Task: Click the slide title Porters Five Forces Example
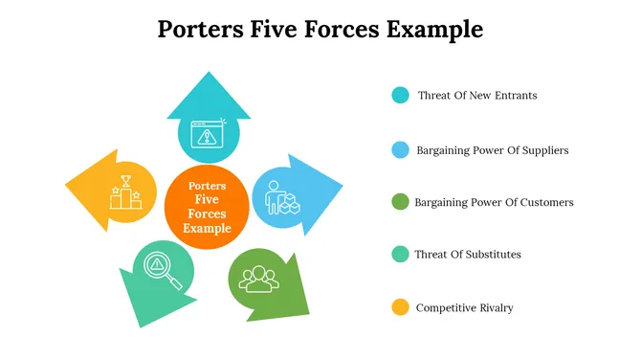[320, 30]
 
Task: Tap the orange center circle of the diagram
[208, 206]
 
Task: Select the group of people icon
[257, 278]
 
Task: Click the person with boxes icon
[281, 197]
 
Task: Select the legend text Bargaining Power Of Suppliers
[493, 150]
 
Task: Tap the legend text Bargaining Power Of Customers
[494, 202]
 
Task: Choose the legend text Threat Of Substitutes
[468, 255]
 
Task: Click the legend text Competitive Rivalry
[464, 307]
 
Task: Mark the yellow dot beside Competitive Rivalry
[400, 307]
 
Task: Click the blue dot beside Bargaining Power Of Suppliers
[400, 150]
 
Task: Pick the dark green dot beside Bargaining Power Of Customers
[400, 202]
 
